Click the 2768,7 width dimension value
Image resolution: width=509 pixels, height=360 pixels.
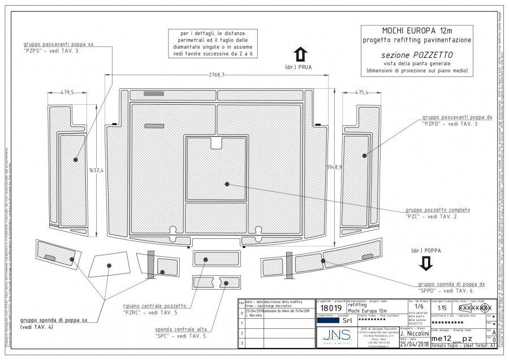tap(217, 75)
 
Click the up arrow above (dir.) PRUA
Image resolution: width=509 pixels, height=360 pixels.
tap(300, 55)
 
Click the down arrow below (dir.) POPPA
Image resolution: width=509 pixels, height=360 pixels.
tap(426, 263)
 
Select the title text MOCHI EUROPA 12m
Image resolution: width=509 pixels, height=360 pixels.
tap(418, 31)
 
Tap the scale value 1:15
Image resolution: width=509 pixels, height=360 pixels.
tap(441, 308)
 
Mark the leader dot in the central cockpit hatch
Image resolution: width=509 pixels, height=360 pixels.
tap(226, 183)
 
